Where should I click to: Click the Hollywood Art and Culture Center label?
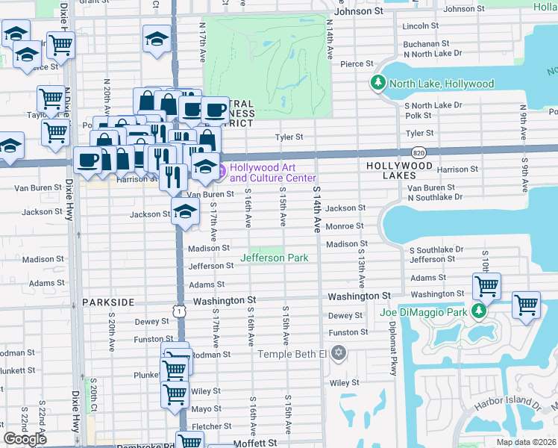pos(273,172)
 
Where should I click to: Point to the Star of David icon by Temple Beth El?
pos(339,352)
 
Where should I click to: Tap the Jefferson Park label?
pos(273,258)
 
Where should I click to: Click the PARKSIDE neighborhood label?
pos(108,302)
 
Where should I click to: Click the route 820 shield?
pos(421,152)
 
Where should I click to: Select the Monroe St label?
pos(344,226)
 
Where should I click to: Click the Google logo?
pos(25,439)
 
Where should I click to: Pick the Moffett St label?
pos(255,443)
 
